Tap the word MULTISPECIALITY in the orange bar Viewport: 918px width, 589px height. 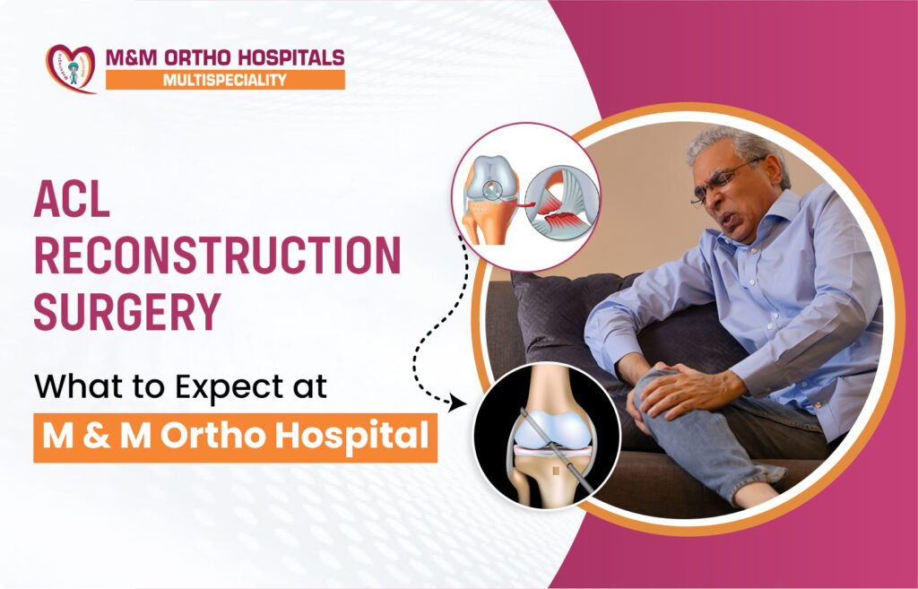(225, 80)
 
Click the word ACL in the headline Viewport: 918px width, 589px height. (72, 200)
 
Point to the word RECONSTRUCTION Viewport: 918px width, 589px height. (217, 256)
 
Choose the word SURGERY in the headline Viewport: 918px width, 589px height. (127, 311)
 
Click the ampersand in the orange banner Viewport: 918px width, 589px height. (97, 437)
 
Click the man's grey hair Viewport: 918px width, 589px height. (740, 150)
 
